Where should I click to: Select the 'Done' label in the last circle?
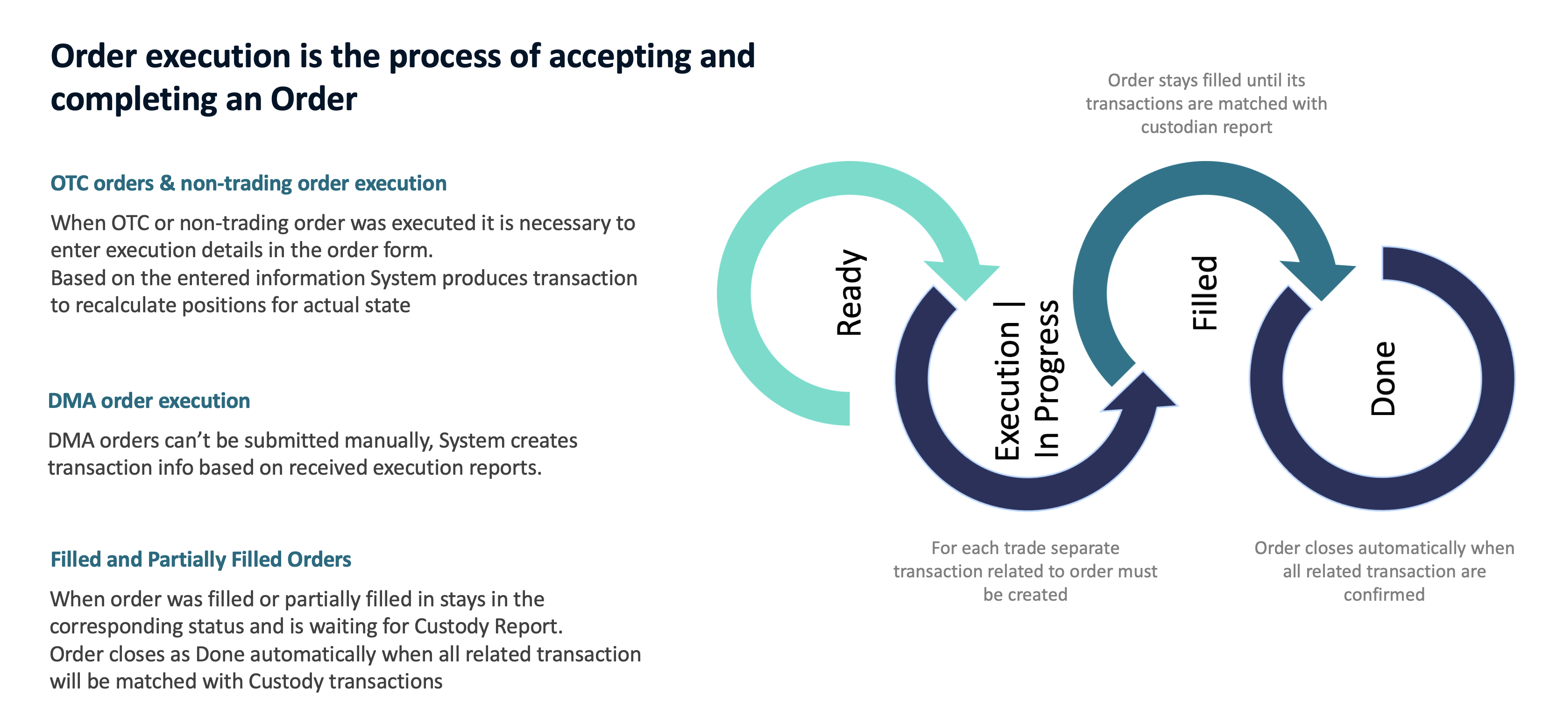1383,379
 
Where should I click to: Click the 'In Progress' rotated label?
1047,379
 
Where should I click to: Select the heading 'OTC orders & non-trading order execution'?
248,183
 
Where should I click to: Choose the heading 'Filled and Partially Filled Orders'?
201,560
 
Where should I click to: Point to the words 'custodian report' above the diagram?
1206,127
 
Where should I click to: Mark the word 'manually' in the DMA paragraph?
386,441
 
